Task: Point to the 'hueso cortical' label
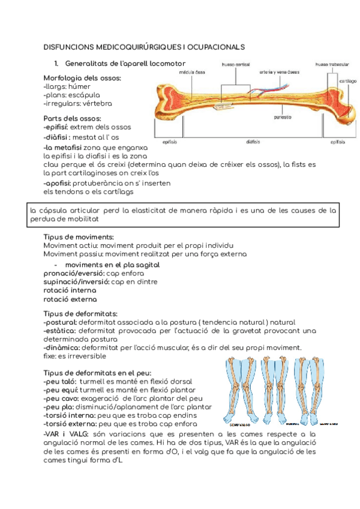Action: coord(236,64)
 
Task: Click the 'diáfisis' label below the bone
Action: coord(253,142)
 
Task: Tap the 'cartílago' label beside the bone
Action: coord(348,80)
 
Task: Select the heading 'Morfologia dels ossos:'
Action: coord(82,78)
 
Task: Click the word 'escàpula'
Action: coord(84,95)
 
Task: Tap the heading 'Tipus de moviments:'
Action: coord(79,237)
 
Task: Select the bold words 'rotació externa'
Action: coord(70,299)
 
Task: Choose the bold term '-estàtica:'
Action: coord(59,330)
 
